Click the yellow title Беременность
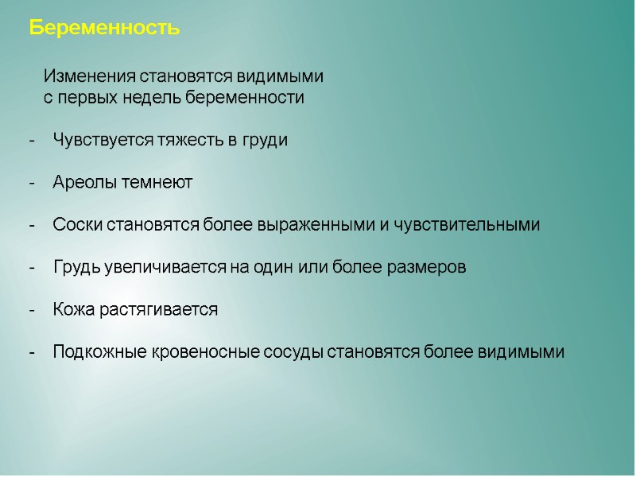click(104, 29)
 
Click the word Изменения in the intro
click(90, 77)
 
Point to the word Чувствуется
click(99, 141)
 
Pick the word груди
click(264, 141)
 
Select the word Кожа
click(73, 309)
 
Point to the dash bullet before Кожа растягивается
click(32, 310)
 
